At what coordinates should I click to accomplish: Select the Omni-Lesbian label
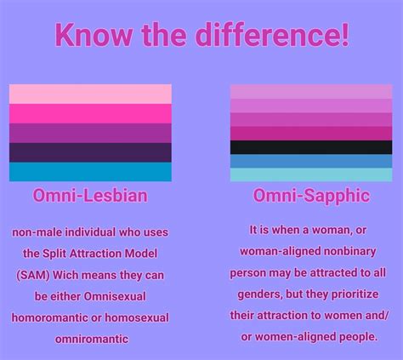(90, 196)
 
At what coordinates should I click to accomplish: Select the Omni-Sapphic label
(311, 196)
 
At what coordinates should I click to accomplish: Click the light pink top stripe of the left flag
(90, 94)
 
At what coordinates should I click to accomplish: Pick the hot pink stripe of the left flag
(90, 113)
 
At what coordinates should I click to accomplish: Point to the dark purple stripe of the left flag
(90, 152)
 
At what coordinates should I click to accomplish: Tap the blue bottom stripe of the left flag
(90, 172)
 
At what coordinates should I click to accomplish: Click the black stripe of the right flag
(311, 147)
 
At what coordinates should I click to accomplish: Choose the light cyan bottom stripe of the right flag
(311, 175)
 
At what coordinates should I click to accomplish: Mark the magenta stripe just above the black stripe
(311, 134)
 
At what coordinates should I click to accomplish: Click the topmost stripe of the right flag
(311, 91)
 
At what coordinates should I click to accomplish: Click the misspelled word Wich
(70, 274)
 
